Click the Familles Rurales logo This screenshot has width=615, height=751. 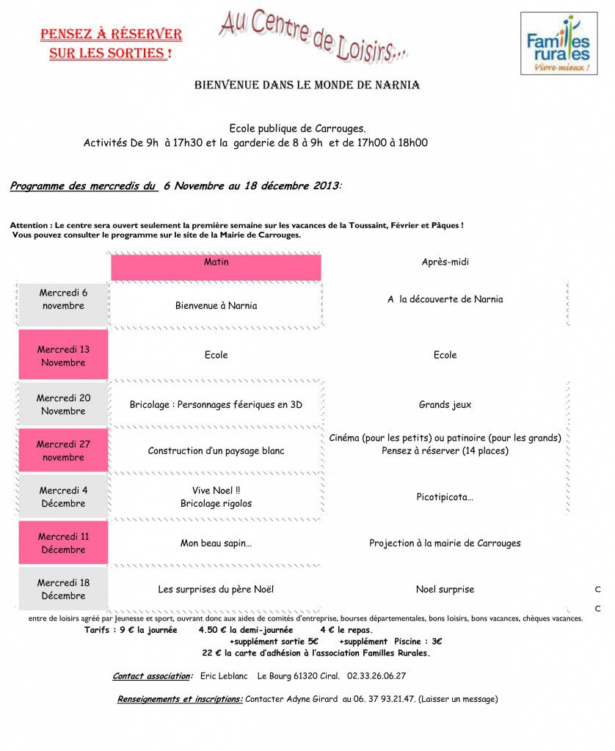pos(558,43)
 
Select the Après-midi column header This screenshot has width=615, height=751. pos(445,262)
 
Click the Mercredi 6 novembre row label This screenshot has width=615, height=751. pos(63,299)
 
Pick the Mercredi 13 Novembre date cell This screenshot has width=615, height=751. pos(63,356)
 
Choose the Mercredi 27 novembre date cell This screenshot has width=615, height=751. pos(63,450)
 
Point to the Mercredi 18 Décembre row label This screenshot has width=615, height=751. pos(63,589)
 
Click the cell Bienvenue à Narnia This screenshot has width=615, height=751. pos(216,306)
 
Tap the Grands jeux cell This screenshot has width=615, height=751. pos(445,405)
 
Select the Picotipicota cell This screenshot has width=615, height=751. pos(445,497)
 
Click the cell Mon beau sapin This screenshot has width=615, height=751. pos(216,543)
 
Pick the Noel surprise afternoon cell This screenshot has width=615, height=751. pos(445,590)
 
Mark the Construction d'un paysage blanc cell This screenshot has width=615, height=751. pos(216,451)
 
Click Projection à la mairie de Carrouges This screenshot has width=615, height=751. pos(445,543)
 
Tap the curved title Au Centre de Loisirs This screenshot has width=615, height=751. pos(313,34)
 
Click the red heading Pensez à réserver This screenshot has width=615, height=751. pos(111,44)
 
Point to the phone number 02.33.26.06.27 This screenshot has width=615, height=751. pos(376,676)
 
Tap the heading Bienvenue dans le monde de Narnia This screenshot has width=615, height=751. pos(307,85)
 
